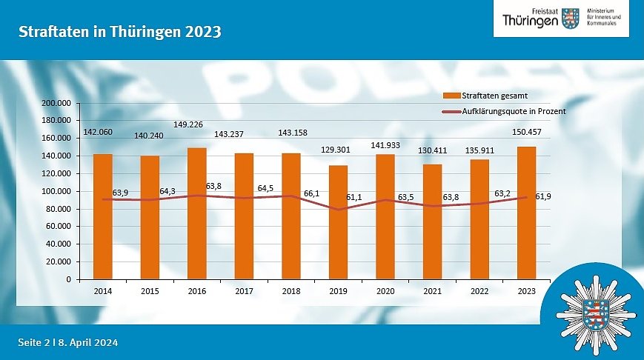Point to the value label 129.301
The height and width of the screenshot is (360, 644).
coord(338,150)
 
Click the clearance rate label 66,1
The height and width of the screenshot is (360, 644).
coord(312,193)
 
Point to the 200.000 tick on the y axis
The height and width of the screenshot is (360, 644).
coord(56,103)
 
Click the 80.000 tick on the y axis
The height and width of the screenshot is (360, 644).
coord(57,209)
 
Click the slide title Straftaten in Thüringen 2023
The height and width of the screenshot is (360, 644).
coord(120,33)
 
